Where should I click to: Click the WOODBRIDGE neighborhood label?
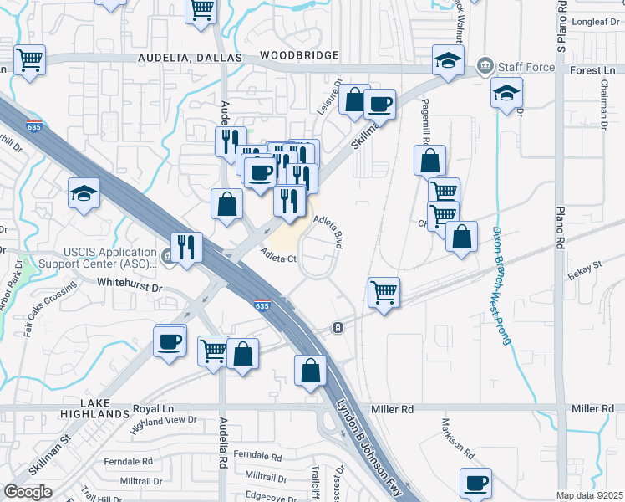tap(299, 55)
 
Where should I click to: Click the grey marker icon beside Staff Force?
tap(484, 66)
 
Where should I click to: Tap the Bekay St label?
tap(585, 266)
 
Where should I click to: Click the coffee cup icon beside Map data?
tap(475, 482)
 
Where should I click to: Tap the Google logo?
tap(28, 492)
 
